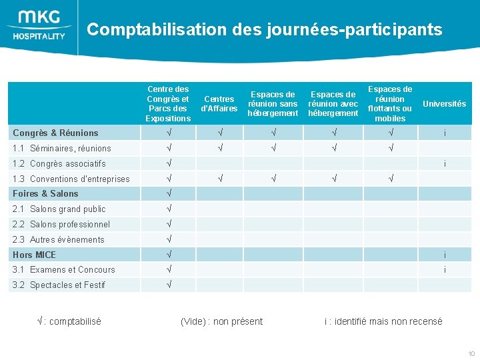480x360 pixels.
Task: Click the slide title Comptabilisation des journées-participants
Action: tap(264, 29)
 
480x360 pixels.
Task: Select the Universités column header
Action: tap(444, 104)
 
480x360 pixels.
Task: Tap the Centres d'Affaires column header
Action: tap(219, 104)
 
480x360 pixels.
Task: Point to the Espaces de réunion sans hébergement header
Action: tap(273, 104)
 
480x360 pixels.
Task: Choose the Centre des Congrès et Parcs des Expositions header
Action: tap(168, 104)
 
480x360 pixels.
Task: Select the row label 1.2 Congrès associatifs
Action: tap(59, 163)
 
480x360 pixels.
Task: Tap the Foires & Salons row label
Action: tap(45, 193)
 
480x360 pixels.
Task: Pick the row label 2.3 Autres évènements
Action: tap(59, 239)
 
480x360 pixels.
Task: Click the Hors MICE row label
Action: tap(35, 255)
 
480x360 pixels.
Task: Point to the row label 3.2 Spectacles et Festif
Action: tap(59, 285)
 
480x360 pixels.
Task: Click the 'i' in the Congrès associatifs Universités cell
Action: tap(445, 163)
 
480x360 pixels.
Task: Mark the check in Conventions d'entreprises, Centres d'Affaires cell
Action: tap(219, 179)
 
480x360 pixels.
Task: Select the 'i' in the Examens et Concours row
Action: tap(445, 269)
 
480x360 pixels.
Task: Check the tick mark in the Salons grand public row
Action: tap(169, 209)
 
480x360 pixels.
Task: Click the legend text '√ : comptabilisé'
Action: tap(69, 321)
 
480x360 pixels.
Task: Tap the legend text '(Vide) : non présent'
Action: tap(221, 321)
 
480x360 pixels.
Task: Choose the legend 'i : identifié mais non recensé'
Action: tap(383, 321)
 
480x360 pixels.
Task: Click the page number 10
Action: tap(471, 353)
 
